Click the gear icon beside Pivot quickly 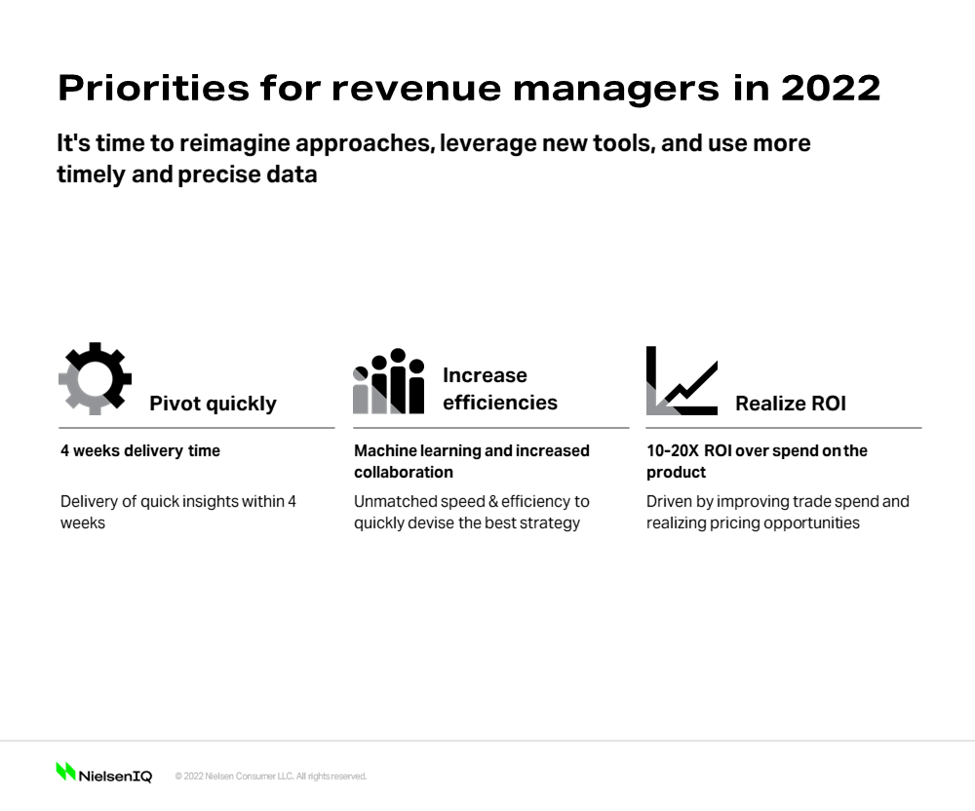pos(96,378)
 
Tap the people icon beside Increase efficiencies pos(389,381)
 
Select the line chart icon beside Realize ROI pos(682,380)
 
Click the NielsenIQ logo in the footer pos(104,772)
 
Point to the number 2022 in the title pos(831,88)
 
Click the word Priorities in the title pos(154,88)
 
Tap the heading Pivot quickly pos(213,404)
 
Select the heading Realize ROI pos(791,404)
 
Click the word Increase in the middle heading pos(485,375)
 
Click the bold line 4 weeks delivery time pos(140,450)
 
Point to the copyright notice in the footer pos(271,776)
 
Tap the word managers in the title pos(616,89)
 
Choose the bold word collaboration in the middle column pos(404,473)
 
